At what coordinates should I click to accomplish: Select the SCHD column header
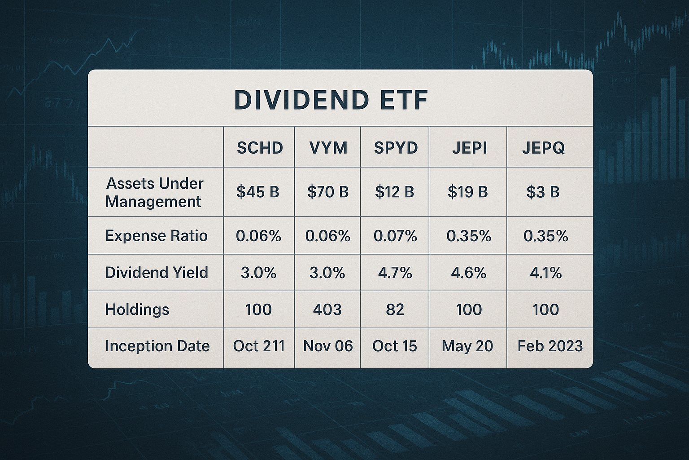click(259, 148)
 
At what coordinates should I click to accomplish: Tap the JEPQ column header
click(543, 148)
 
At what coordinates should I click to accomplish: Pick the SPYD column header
click(395, 148)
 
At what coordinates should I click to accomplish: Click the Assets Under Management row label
click(154, 192)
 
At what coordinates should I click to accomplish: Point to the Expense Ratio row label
click(156, 236)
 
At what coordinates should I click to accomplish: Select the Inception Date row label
click(157, 346)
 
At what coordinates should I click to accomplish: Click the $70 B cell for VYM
click(328, 192)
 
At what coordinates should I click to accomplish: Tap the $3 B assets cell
click(543, 192)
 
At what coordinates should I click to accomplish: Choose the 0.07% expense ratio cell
click(395, 236)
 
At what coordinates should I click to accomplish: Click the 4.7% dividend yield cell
click(395, 273)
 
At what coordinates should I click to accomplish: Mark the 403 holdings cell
click(327, 310)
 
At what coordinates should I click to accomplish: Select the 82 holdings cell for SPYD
click(395, 310)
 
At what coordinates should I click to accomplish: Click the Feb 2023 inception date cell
click(550, 346)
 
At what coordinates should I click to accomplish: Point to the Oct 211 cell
click(259, 346)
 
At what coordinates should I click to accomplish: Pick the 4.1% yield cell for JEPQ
click(545, 273)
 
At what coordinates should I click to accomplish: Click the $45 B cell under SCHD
click(258, 192)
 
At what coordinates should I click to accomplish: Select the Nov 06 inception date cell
click(328, 346)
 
